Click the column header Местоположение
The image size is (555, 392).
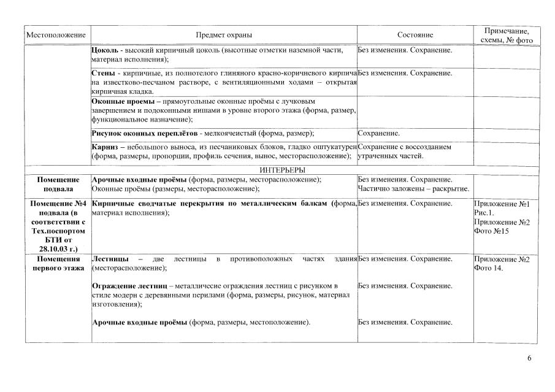click(56, 36)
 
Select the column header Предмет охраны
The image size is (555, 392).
click(224, 36)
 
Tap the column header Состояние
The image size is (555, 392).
click(415, 36)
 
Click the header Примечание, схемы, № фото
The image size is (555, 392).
click(507, 36)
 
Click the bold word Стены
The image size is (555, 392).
click(102, 73)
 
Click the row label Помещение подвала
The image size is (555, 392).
click(58, 184)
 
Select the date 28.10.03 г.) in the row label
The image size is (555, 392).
click(58, 250)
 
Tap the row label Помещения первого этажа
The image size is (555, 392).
click(58, 263)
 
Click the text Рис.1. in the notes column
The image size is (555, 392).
click(485, 212)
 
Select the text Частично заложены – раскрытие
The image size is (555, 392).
click(413, 188)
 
